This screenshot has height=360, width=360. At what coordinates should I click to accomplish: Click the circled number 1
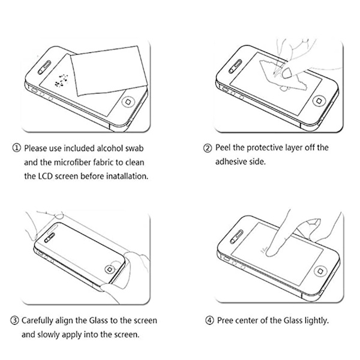click(16, 148)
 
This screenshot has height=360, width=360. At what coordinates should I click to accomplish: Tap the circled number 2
click(208, 148)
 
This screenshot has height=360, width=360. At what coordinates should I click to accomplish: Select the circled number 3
click(14, 320)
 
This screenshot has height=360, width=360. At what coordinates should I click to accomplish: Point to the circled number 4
click(209, 320)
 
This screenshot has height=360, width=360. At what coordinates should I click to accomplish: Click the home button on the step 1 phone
click(128, 101)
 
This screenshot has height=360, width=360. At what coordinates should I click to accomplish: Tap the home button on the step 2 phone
click(319, 101)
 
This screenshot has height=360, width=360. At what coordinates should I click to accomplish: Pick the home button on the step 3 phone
click(110, 269)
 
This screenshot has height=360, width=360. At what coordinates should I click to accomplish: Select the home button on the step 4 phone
click(320, 271)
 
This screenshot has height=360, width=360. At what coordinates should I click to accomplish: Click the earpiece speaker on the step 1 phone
click(44, 67)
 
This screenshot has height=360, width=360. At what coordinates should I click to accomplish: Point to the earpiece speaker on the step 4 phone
click(236, 236)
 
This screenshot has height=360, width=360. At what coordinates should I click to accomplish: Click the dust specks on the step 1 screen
click(61, 81)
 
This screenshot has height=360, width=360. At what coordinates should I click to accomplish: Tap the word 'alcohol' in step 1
click(110, 148)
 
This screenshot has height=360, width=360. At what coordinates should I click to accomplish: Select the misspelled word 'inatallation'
click(127, 176)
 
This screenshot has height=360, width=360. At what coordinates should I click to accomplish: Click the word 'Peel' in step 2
click(223, 148)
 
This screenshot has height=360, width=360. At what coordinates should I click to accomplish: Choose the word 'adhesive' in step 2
click(230, 161)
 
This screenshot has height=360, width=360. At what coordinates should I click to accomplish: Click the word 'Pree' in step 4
click(225, 320)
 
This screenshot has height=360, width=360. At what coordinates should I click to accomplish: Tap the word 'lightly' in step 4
click(317, 320)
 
